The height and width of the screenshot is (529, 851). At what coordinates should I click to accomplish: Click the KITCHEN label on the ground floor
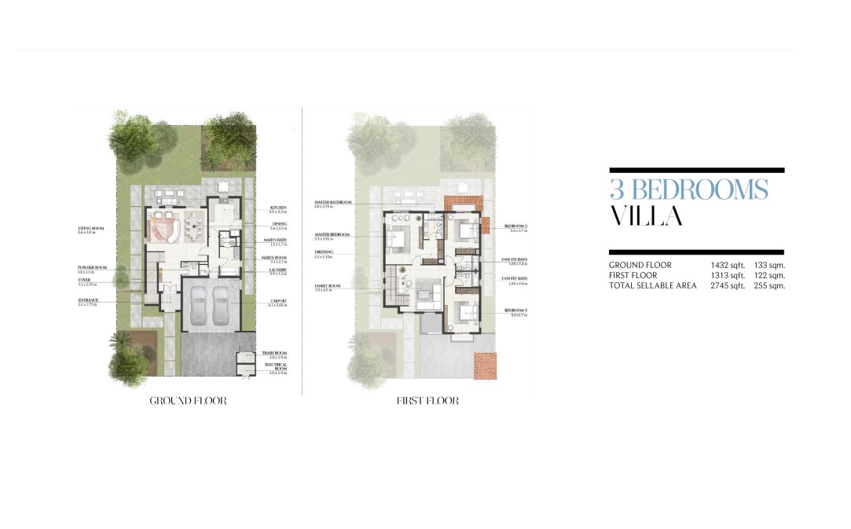pyautogui.click(x=277, y=208)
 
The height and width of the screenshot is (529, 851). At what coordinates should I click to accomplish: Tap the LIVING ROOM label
pyautogui.click(x=92, y=229)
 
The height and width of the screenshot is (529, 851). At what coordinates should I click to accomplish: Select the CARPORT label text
pyautogui.click(x=276, y=301)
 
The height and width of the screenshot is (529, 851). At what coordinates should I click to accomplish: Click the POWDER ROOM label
pyautogui.click(x=93, y=267)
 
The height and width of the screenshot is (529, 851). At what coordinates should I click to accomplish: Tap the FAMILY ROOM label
pyautogui.click(x=328, y=286)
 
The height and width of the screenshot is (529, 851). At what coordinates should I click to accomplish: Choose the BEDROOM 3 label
pyautogui.click(x=515, y=311)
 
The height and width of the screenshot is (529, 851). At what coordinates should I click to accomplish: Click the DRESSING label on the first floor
pyautogui.click(x=324, y=253)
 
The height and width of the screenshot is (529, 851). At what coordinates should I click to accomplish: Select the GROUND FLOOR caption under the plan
pyautogui.click(x=188, y=401)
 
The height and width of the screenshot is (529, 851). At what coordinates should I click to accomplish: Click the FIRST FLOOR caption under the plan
pyautogui.click(x=427, y=401)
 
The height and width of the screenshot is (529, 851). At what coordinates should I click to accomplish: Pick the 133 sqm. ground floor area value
pyautogui.click(x=767, y=266)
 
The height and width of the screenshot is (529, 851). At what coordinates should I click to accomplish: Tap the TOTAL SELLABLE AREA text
pyautogui.click(x=652, y=285)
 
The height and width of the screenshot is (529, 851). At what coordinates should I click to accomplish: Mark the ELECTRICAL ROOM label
pyautogui.click(x=275, y=366)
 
